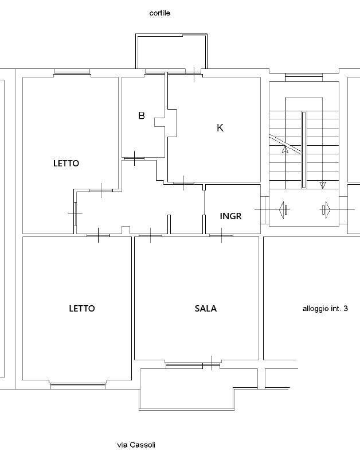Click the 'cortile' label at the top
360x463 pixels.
[159, 13]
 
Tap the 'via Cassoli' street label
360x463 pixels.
[136, 445]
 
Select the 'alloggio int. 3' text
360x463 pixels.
[325, 309]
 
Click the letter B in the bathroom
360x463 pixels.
[142, 115]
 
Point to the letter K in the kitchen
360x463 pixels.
[220, 128]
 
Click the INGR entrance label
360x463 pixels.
[231, 216]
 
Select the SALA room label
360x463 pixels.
[206, 309]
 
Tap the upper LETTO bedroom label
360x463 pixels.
[66, 164]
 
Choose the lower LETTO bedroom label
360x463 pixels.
[82, 309]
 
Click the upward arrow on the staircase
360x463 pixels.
[285, 150]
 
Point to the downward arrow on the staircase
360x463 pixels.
[323, 185]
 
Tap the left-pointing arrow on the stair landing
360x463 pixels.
[283, 210]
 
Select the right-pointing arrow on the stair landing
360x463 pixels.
[326, 210]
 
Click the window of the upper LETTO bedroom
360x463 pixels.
[72, 72]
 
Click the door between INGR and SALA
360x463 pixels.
[221, 235]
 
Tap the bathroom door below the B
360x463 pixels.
[134, 158]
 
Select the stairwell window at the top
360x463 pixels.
[304, 77]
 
